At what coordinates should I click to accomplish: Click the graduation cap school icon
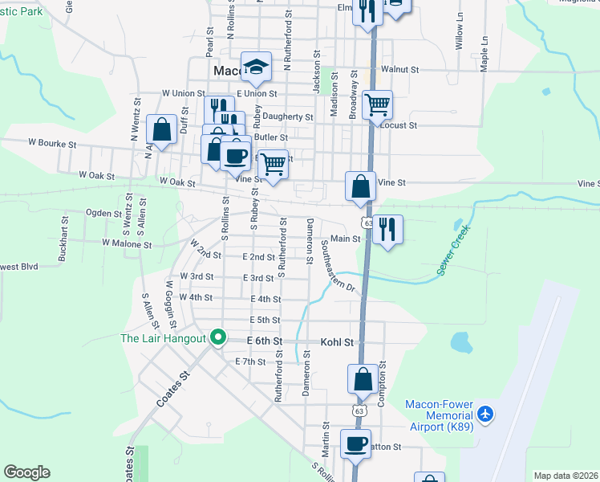(256, 67)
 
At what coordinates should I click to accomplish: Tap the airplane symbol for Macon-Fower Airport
(484, 414)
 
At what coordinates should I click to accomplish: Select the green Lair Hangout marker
(217, 338)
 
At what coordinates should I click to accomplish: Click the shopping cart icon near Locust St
(376, 104)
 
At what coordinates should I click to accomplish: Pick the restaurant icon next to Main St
(387, 230)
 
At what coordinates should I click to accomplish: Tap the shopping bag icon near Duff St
(161, 129)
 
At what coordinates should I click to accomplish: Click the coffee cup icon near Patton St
(355, 443)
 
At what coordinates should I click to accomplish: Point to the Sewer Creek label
(453, 252)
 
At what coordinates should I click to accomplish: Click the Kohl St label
(337, 342)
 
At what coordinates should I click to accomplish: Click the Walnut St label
(399, 70)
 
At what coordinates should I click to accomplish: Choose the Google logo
(26, 472)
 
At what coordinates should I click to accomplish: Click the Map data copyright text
(566, 476)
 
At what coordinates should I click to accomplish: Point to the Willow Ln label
(460, 32)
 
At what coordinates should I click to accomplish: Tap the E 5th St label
(264, 320)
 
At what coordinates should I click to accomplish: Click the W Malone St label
(127, 243)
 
